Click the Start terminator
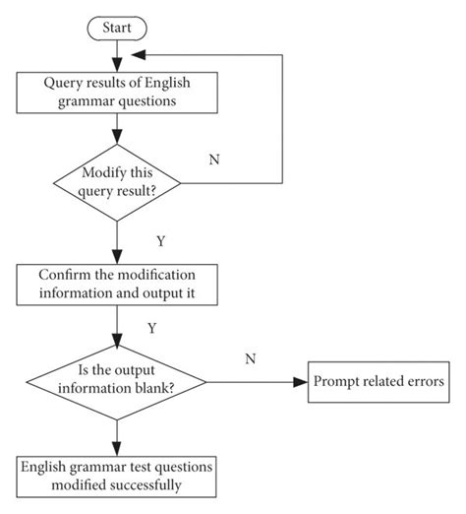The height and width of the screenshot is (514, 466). coord(116,28)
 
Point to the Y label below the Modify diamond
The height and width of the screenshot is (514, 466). coord(161,240)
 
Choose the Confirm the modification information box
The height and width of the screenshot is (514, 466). coord(116,284)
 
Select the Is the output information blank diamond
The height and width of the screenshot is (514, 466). coord(116,379)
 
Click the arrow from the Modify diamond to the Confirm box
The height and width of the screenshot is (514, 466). coord(116,241)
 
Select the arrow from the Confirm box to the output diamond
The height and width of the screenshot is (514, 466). coord(116,325)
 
